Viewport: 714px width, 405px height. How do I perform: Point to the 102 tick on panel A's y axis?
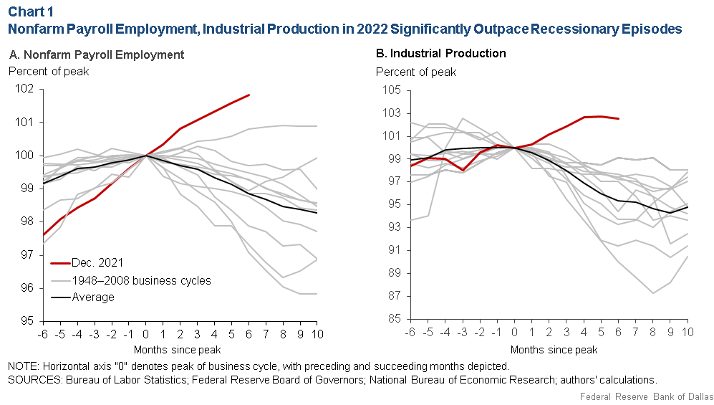pos(24,89)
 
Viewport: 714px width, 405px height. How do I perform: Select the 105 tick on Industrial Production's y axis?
pos(392,90)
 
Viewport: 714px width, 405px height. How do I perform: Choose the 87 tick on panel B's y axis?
pos(395,296)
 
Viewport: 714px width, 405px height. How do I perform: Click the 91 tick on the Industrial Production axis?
pos(395,250)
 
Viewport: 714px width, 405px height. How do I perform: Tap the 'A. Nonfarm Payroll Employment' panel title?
pos(97,54)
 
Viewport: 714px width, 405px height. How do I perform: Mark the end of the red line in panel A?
pos(249,95)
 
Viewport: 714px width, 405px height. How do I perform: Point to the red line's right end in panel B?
pos(618,119)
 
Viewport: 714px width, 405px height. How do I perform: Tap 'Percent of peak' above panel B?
pos(416,72)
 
